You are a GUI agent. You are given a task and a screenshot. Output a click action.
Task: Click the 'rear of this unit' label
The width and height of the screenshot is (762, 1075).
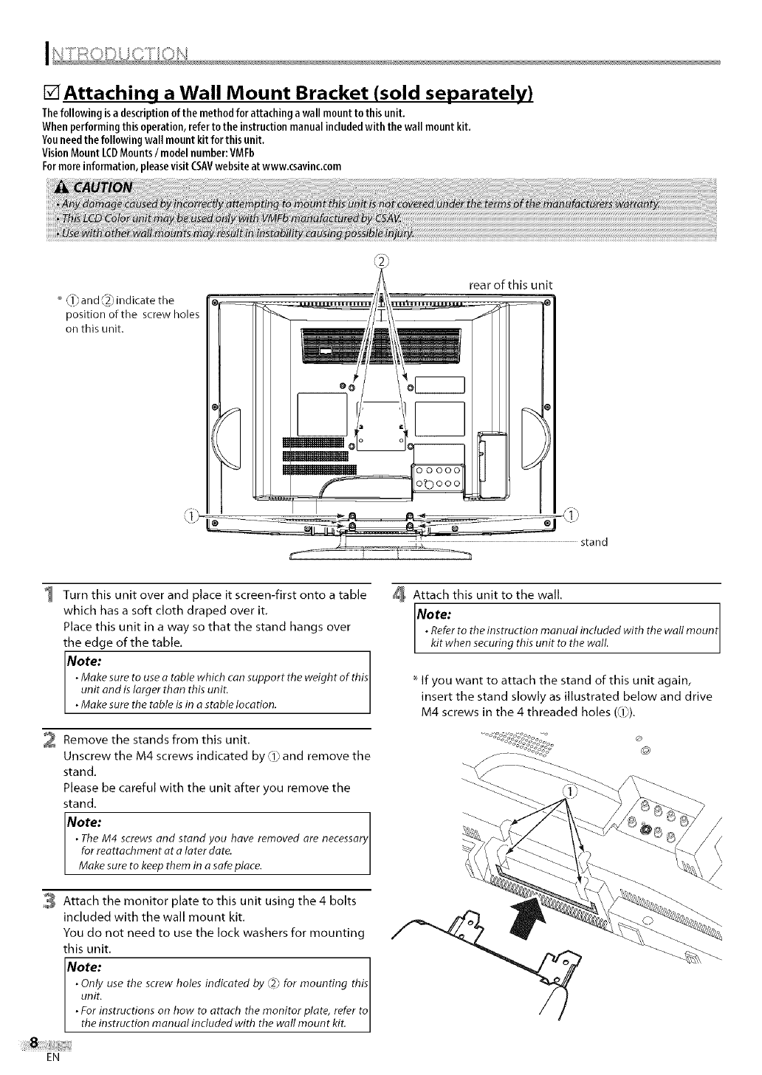coord(511,286)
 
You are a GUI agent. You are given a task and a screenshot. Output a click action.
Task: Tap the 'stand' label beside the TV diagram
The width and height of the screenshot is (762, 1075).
coord(594,542)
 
